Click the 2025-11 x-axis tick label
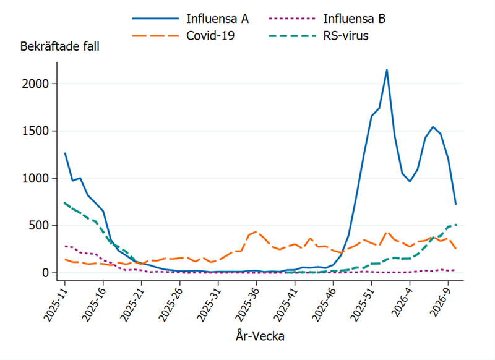coord(55,302)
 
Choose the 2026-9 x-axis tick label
coord(441,301)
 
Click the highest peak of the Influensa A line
coord(387,70)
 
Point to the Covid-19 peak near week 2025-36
coord(256,231)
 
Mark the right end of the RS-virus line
coord(456,225)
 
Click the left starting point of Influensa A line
coord(65,153)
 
